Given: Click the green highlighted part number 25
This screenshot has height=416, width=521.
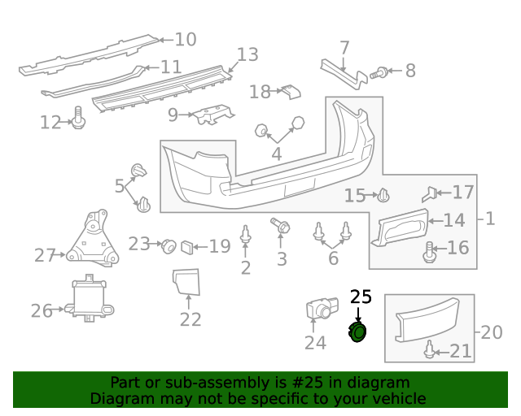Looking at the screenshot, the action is coord(357,331).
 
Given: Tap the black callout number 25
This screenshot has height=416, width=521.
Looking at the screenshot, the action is coord(361,297).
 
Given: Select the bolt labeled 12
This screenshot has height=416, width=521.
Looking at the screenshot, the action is coord(78,118).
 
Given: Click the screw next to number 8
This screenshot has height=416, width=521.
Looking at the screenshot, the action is coord(379,72).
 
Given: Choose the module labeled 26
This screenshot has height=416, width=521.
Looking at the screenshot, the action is coord(90,298).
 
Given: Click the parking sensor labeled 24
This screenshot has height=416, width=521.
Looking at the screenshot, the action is coord(322,308).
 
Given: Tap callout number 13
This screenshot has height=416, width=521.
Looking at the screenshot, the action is coord(247,54).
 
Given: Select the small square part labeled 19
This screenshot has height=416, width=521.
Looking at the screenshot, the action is coord(187,248).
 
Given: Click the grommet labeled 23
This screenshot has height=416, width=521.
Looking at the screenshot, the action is coord(169,246).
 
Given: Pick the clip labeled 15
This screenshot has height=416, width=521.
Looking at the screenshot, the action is coord(383,195).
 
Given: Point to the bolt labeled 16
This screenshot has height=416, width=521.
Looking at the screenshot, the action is coord(429,253).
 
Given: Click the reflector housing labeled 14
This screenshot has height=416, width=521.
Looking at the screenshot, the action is coord(400,227).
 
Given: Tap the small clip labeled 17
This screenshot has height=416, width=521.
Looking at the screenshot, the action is coord(429,194).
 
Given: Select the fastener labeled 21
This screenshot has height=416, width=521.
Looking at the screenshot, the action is coord(430,349).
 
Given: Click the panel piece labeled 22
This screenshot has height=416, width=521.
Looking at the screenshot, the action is coord(186,282).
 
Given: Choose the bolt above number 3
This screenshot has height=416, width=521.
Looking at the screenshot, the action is coord(280,226).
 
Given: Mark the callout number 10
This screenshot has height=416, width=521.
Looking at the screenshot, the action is coord(186,40).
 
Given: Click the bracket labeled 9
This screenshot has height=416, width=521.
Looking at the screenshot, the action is coord(213,115).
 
